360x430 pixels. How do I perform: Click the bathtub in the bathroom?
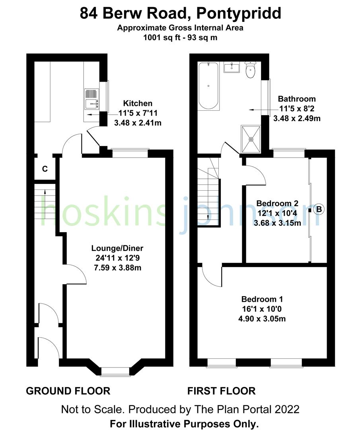pyautogui.click(x=208, y=86)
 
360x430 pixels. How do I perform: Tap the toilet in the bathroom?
pyautogui.click(x=250, y=71)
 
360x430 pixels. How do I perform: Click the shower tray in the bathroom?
pyautogui.click(x=251, y=139)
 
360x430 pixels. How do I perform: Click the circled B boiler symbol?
pyautogui.click(x=319, y=209)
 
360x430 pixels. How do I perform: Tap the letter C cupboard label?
pyautogui.click(x=45, y=169)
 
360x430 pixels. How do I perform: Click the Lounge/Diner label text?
pyautogui.click(x=117, y=248)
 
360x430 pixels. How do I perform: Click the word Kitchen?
pyautogui.click(x=138, y=104)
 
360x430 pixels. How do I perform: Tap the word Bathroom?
pyautogui.click(x=297, y=99)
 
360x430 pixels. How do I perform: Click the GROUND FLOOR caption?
pyautogui.click(x=68, y=391)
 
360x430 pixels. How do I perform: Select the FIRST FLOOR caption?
pyautogui.click(x=222, y=391)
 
